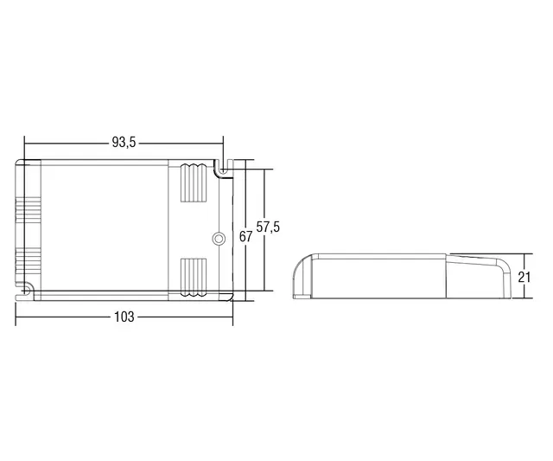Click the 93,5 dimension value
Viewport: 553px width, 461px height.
click(124, 143)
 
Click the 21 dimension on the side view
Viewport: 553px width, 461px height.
click(524, 277)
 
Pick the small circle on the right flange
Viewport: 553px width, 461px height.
click(219, 237)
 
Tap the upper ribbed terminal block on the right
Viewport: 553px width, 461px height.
click(194, 184)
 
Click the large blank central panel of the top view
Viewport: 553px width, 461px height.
click(104, 227)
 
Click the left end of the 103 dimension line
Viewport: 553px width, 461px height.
click(16, 317)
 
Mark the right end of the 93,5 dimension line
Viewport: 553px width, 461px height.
click(223, 143)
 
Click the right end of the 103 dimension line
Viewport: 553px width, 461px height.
click(232, 317)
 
